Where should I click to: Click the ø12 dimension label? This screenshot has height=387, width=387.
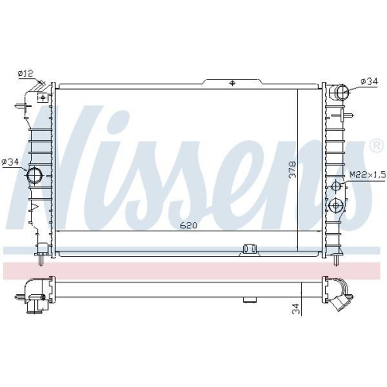[x=26, y=74]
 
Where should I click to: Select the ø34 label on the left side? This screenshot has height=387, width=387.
[x=10, y=162]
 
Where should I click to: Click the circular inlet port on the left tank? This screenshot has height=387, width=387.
[x=36, y=176]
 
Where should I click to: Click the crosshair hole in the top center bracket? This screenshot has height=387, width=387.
[x=232, y=83]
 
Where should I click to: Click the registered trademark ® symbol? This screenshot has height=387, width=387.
[x=375, y=145]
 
